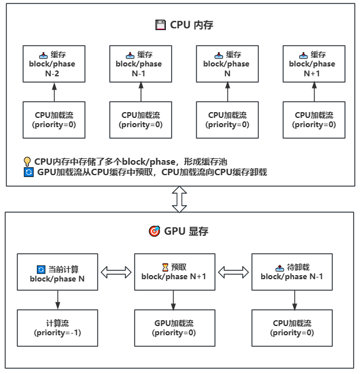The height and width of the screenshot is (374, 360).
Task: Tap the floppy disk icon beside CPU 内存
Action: tap(160, 25)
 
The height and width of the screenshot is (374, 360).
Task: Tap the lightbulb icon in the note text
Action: tap(27, 161)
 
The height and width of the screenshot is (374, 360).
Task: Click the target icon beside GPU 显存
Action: tap(154, 231)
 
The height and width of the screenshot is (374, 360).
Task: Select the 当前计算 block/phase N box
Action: tap(57, 272)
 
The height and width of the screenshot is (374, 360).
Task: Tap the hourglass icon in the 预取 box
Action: tap(165, 267)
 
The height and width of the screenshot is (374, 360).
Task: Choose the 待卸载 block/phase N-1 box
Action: tap(292, 272)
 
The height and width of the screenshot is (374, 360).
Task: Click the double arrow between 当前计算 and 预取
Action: tap(116, 272)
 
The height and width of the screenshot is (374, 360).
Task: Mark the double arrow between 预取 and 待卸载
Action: tap(233, 272)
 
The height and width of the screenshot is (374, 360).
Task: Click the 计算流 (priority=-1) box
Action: tap(57, 328)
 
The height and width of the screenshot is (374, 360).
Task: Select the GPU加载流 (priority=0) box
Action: tap(174, 328)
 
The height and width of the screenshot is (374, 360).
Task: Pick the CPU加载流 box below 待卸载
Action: tap(292, 328)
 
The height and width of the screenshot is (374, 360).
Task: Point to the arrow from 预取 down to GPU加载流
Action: tap(174, 299)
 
